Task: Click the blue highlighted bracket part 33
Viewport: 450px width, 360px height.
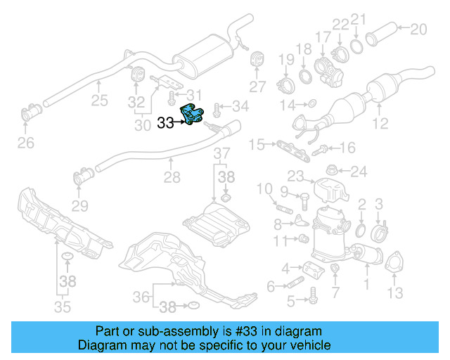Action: [193, 115]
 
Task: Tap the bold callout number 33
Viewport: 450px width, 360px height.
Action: [165, 122]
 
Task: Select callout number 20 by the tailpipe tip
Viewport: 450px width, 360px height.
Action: [418, 30]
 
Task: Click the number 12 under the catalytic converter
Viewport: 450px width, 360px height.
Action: [380, 125]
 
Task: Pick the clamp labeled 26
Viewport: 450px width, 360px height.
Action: [32, 113]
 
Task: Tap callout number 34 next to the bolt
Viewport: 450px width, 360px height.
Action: [240, 107]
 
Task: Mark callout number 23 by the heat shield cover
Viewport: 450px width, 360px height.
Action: [295, 176]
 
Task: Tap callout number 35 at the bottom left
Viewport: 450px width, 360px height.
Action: [63, 306]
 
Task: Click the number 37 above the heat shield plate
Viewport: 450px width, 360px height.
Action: [221, 154]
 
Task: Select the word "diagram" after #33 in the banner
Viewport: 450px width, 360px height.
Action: [302, 331]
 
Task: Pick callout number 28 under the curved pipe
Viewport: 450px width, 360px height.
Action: [172, 179]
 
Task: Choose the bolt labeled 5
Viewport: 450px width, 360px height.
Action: [310, 300]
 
